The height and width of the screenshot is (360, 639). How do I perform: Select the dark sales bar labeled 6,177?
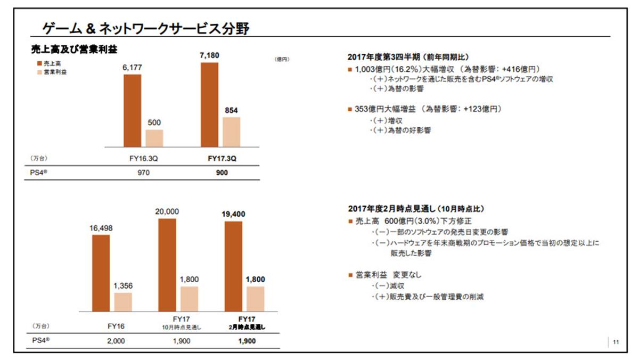[x=133, y=110]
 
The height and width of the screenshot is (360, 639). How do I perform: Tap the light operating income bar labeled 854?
[x=231, y=132]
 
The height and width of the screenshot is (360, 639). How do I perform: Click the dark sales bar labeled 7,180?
[x=209, y=104]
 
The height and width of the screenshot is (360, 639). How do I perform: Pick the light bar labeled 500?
[x=154, y=138]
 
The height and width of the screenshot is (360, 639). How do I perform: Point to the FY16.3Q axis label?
[x=139, y=159]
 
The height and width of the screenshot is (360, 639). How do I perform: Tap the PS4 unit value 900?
[x=222, y=173]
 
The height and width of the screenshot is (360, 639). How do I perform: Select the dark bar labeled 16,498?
[x=101, y=273]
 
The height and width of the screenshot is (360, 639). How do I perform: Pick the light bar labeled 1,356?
[x=123, y=302]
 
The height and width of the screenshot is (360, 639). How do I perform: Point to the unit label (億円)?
[x=282, y=59]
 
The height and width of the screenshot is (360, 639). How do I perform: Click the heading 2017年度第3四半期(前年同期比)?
[x=408, y=57]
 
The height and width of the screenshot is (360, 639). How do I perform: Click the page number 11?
[x=616, y=342]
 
